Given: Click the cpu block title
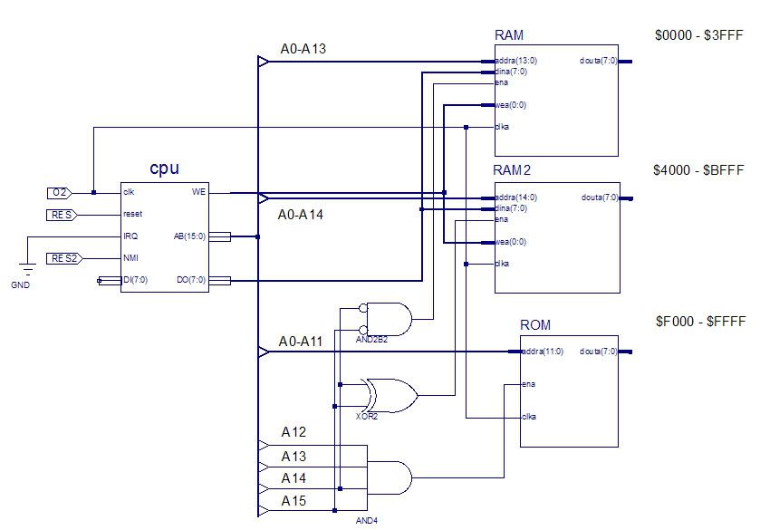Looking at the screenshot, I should [164, 169].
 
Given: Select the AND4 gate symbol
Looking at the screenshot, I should [390, 476].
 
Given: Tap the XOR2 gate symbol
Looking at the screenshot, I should [390, 395].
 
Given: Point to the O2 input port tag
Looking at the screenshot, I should [61, 193].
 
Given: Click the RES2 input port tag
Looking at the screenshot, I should [63, 258].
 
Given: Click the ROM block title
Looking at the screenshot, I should [535, 325].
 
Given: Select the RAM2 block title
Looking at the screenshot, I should [514, 170].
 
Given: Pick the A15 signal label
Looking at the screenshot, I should [293, 501].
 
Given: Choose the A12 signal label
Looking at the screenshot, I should [293, 433].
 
